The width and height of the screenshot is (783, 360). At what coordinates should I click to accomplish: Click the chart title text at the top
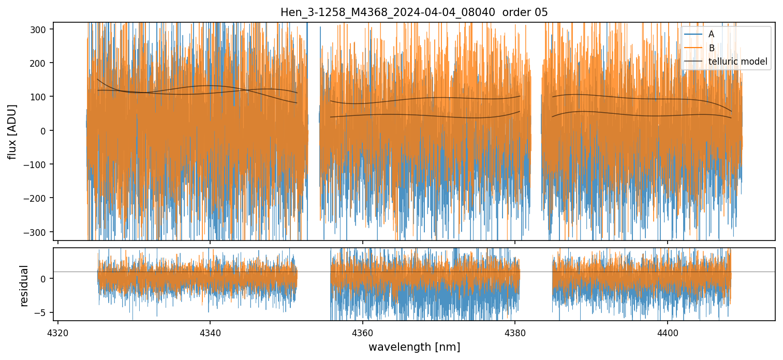pyautogui.click(x=414, y=12)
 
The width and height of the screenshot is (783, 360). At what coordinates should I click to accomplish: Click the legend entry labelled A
pyautogui.click(x=711, y=34)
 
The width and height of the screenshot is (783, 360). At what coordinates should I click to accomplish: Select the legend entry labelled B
pyautogui.click(x=711, y=48)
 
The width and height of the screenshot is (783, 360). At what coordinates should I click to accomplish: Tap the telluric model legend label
pyautogui.click(x=737, y=62)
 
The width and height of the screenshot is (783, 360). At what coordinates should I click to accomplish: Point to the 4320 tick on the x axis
pyautogui.click(x=58, y=331)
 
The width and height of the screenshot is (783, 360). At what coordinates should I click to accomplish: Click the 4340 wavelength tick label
pyautogui.click(x=210, y=331)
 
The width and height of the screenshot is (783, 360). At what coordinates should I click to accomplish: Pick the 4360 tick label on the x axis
pyautogui.click(x=362, y=331)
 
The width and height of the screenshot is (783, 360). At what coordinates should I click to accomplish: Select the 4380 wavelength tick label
pyautogui.click(x=515, y=331)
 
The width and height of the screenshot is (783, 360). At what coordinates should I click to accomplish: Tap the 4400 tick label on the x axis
pyautogui.click(x=667, y=331)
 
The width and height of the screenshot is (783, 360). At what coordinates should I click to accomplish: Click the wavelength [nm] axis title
pyautogui.click(x=414, y=347)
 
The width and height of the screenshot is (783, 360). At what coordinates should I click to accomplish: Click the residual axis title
pyautogui.click(x=23, y=286)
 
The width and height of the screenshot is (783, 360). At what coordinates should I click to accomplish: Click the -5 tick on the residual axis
pyautogui.click(x=42, y=312)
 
